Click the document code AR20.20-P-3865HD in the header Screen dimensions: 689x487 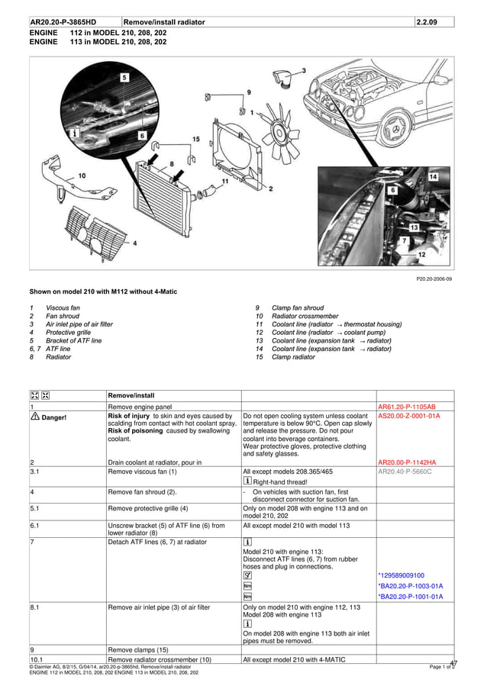tap(63, 22)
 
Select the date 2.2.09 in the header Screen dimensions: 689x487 tap(427, 22)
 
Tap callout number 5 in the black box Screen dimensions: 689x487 tap(124, 78)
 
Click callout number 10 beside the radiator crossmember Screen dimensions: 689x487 tap(82, 175)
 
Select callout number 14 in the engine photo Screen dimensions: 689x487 tap(433, 176)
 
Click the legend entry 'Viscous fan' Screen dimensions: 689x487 tap(62, 307)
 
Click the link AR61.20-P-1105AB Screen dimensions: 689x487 tap(407, 407)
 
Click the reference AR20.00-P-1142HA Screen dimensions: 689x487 tap(407, 462)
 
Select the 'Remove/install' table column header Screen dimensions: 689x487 tap(131, 396)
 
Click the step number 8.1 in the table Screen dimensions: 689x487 tap(35, 609)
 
